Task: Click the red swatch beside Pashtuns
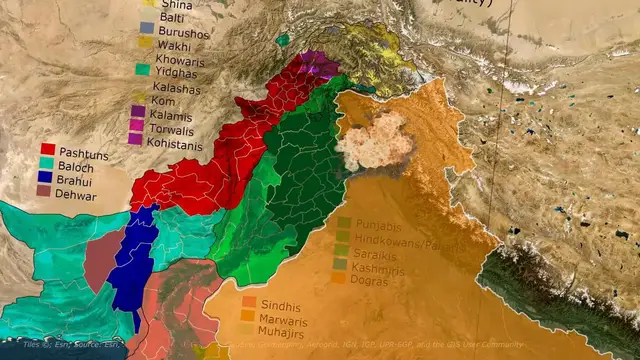click(47, 149)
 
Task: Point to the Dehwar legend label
click(78, 196)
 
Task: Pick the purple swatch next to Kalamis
click(138, 111)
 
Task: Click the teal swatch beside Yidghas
click(144, 70)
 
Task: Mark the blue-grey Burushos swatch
click(146, 28)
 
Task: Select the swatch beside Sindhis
click(249, 302)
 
